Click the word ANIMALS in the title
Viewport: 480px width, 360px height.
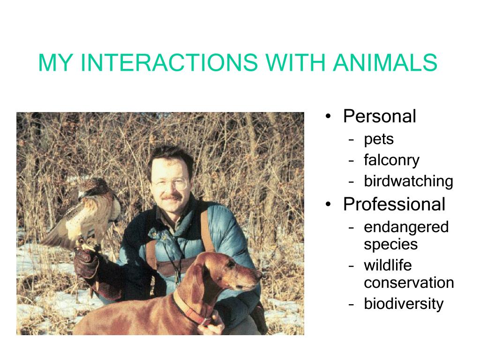pos(385,62)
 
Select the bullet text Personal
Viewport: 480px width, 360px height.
pos(380,116)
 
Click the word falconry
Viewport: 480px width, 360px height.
pos(391,160)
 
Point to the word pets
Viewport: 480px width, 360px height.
pos(379,140)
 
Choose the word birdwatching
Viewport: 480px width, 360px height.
pos(408,181)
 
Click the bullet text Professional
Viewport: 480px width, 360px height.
pos(394,204)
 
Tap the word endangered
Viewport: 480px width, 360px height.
pos(406,227)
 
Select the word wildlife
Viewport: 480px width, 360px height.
pos(388,265)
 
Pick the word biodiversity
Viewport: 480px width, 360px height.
pos(404,304)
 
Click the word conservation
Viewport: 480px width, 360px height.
pos(409,283)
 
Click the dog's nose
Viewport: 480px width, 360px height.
pos(260,274)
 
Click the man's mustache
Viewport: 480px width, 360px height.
pos(172,197)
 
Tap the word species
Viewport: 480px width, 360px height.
pos(390,245)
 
